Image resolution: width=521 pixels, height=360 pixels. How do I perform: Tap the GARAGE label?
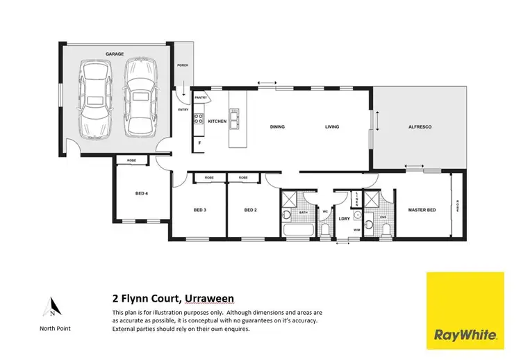point(114,53)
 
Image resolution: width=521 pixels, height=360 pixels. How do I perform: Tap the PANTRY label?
point(201,98)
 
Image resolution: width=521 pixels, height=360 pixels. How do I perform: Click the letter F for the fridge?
point(200,143)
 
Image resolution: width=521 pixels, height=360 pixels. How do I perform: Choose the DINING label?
point(277,127)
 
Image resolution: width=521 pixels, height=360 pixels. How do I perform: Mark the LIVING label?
point(333,127)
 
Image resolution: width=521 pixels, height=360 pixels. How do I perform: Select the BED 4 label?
point(141,193)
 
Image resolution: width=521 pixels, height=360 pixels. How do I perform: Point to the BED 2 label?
point(251,210)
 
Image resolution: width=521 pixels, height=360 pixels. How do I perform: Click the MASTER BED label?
point(422,210)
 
